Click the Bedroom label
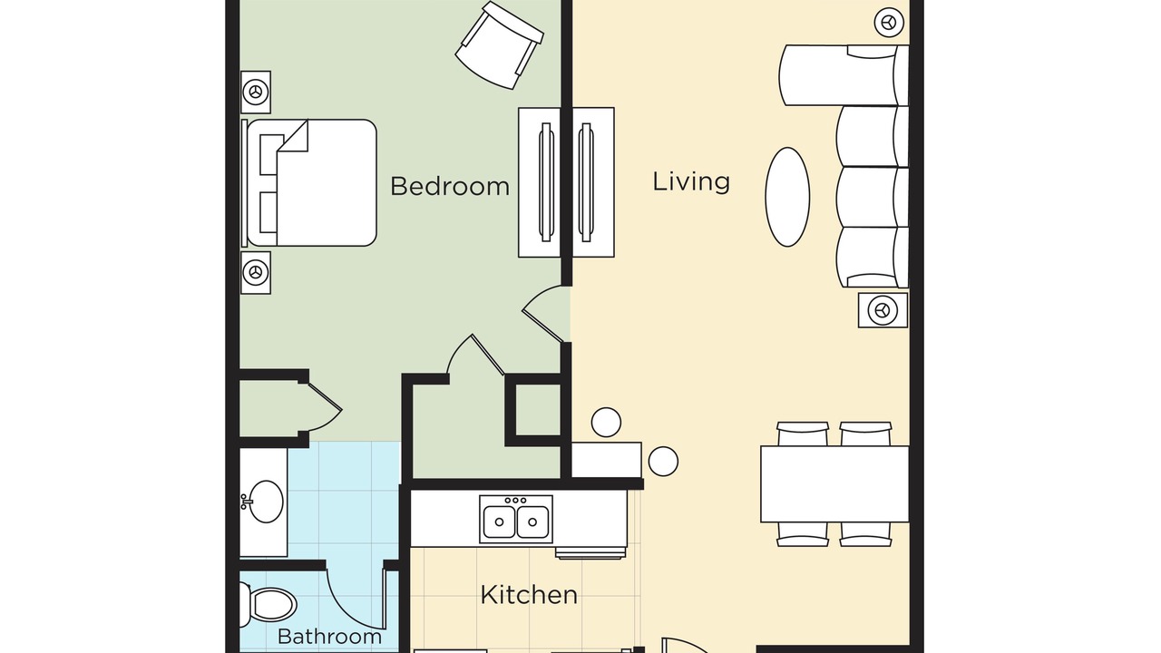tap(449, 186)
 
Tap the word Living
tap(691, 182)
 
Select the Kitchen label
tap(529, 594)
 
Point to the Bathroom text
tap(329, 637)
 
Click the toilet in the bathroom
tap(268, 605)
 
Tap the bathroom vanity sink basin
tap(266, 502)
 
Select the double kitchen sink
tap(516, 520)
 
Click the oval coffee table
tap(787, 197)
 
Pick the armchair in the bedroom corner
tap(500, 45)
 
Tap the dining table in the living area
tap(834, 484)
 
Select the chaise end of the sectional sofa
tap(844, 75)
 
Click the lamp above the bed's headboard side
tap(256, 93)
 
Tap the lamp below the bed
tap(256, 273)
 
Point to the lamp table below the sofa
tap(883, 310)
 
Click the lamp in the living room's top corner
tap(889, 23)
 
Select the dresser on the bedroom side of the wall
tap(540, 182)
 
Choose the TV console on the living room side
tap(593, 182)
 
